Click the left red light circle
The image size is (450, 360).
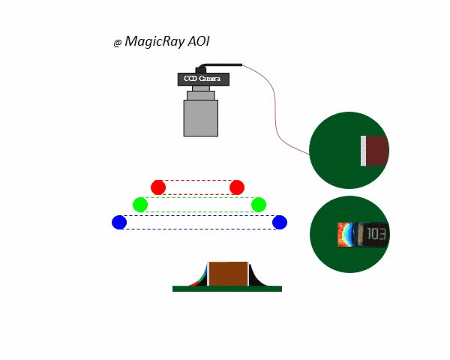coord(157,187)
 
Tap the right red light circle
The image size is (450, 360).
coord(237,187)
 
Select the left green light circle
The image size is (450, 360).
coord(140,204)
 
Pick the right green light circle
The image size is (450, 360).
coord(259,204)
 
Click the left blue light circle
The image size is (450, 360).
coord(119,222)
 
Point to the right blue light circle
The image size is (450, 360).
coord(280,222)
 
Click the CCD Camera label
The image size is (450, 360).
coord(202,79)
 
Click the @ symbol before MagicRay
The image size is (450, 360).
coord(118,43)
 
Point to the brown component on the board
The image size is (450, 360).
coord(228,273)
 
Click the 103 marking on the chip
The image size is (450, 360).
coord(377,235)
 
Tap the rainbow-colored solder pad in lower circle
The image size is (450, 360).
coord(346,235)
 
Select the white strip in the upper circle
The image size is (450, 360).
coord(363,151)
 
